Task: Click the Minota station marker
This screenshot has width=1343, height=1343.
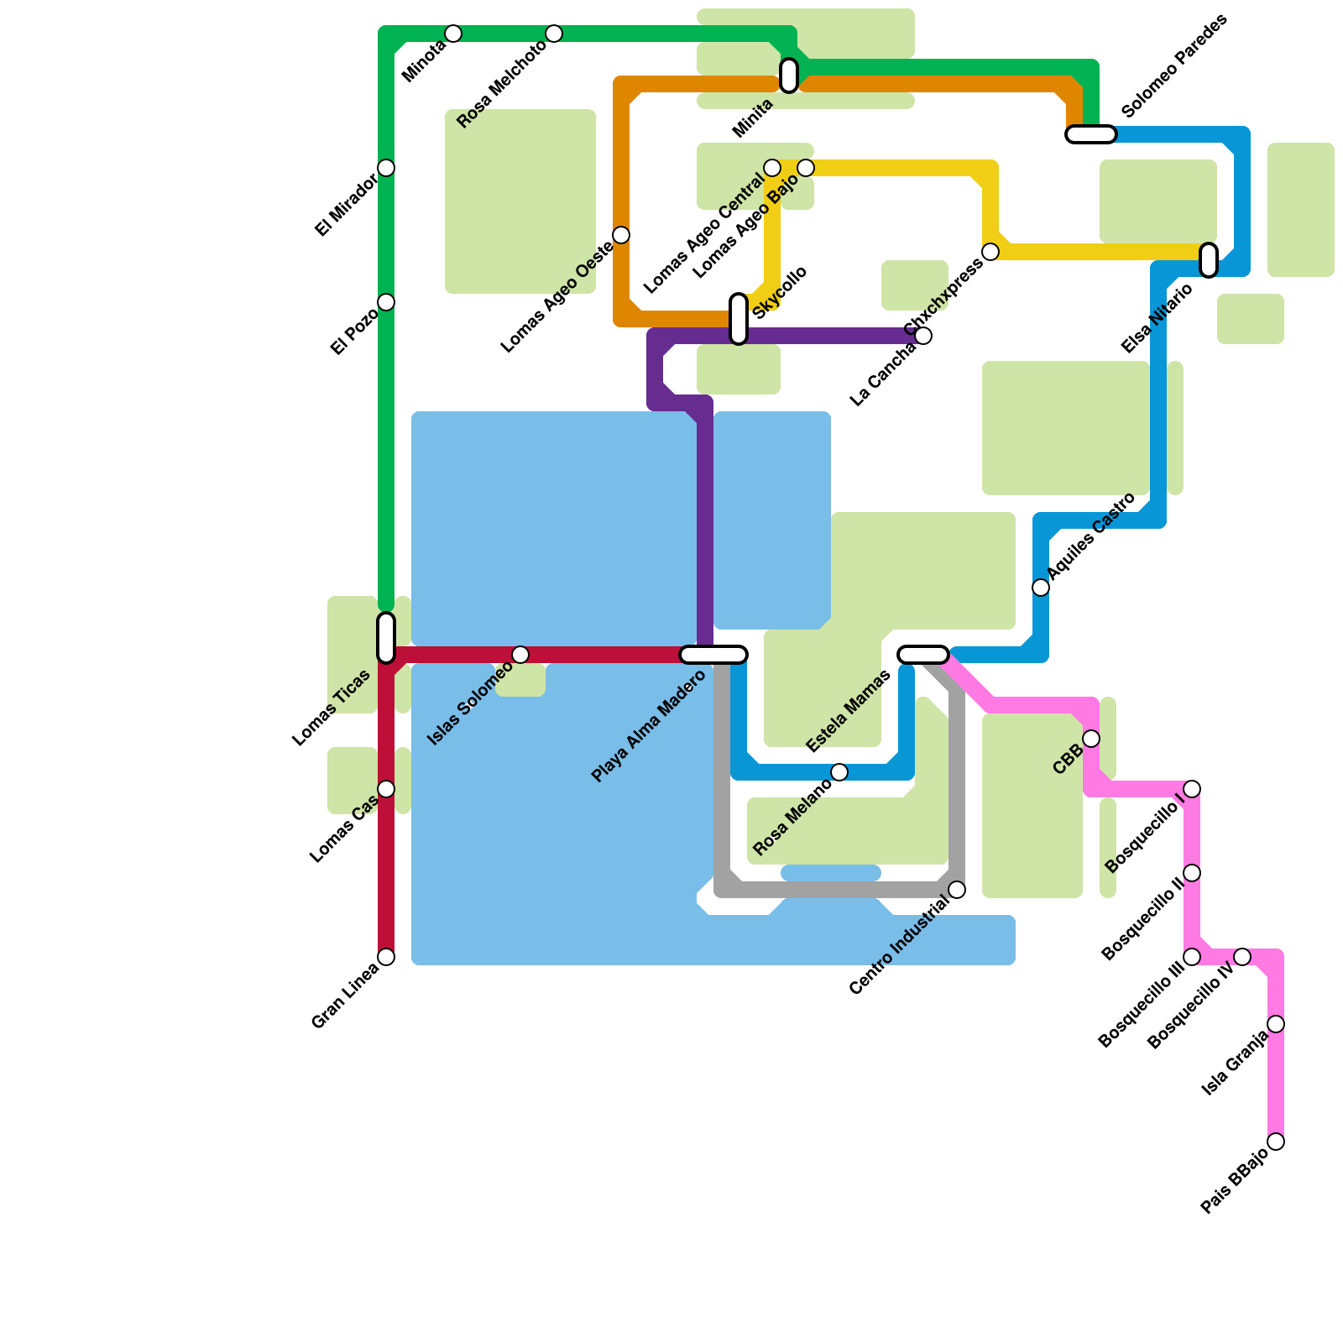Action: click(x=453, y=34)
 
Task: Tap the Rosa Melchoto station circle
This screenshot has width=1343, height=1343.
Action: click(x=554, y=34)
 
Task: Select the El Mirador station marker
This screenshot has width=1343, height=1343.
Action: click(x=386, y=168)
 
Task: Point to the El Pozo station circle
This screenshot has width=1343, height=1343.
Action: click(x=386, y=302)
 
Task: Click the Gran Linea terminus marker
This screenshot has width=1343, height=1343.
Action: click(x=386, y=957)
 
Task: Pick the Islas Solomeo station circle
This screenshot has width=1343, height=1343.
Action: click(x=520, y=655)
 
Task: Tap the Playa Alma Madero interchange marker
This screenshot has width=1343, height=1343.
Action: click(x=713, y=655)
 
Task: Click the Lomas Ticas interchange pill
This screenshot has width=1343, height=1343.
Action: click(x=386, y=638)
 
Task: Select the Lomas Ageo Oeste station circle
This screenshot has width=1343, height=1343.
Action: click(x=621, y=235)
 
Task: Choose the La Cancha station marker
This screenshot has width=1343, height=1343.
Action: click(x=923, y=336)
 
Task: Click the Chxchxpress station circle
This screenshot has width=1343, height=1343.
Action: click(x=990, y=252)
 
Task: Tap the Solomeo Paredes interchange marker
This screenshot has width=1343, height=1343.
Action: click(x=1091, y=134)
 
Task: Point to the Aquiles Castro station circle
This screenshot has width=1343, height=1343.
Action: click(x=1041, y=588)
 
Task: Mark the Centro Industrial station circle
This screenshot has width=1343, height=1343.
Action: click(x=957, y=890)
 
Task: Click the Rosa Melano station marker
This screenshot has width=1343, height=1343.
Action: click(x=839, y=772)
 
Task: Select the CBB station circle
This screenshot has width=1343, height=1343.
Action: click(x=1091, y=739)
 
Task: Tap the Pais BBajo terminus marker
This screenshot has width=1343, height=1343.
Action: click(x=1276, y=1142)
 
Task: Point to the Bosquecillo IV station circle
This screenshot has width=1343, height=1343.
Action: click(x=1242, y=957)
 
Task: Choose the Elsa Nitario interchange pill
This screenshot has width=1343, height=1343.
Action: click(x=1209, y=260)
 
